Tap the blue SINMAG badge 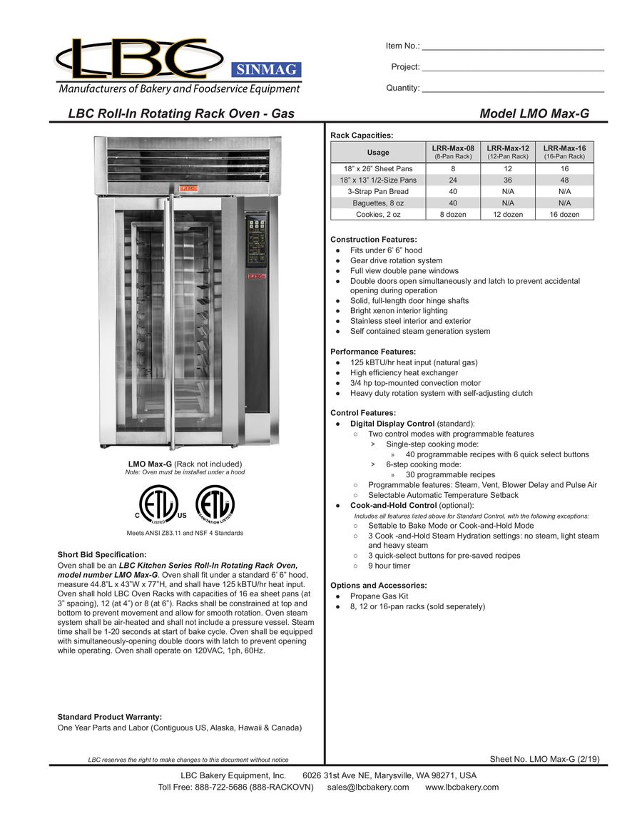pos(265,70)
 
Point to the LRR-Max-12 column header pos(507,151)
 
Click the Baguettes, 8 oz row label pos(378,203)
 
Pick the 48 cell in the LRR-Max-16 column pos(564,180)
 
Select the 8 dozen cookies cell pos(453,214)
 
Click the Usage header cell pos(378,152)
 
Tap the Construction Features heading pos(374,240)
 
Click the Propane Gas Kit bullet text pos(379,596)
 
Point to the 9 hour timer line pos(389,566)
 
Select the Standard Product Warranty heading pos(109,717)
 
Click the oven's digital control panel pos(256,239)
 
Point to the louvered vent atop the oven pos(188,163)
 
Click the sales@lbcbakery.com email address pos(368,787)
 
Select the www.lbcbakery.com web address pos(462,787)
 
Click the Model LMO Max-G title pos(534,113)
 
